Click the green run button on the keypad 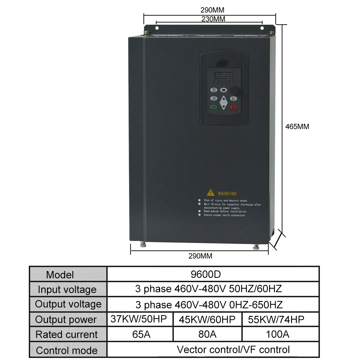coord(213,107)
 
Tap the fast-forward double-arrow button coord(224,90)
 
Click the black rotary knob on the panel coord(235,91)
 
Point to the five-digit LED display coord(224,75)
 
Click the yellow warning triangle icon coord(210,193)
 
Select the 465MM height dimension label coord(297,127)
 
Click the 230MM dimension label coord(213,19)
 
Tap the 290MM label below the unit coord(200,256)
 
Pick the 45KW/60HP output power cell coord(207,320)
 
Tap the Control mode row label coord(67,350)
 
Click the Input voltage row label coord(67,290)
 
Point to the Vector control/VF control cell coord(233,350)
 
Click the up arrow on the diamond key coord(224,100)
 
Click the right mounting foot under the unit coord(255,247)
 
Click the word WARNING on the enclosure coord(227,194)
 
